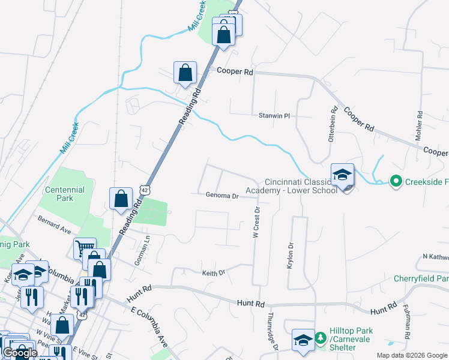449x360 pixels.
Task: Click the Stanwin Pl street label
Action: coord(274,115)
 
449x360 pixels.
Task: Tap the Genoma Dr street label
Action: coord(222,195)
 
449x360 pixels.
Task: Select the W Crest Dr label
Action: coord(256,221)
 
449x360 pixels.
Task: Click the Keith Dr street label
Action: coord(213,272)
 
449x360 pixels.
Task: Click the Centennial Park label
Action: coord(65,194)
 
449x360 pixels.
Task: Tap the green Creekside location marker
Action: coord(395,180)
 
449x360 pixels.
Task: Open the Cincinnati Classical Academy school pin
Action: coord(342,175)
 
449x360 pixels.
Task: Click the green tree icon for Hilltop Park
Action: coord(320,338)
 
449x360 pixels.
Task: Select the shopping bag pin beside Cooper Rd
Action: coord(185,73)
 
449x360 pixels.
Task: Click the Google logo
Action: coord(20,353)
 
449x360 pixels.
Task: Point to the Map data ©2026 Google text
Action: coord(411,355)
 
